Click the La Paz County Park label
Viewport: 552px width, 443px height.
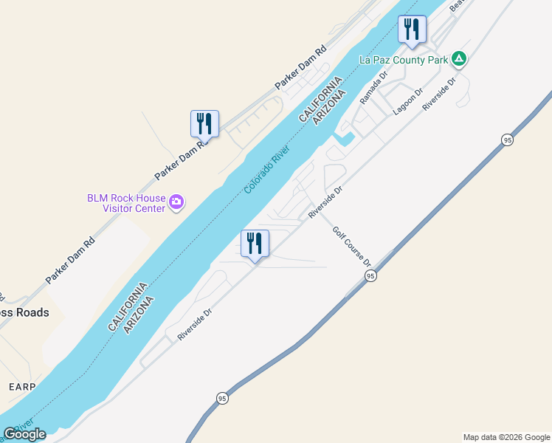point(403,59)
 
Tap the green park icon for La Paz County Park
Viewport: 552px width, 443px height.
point(459,58)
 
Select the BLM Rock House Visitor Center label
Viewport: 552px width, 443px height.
point(126,202)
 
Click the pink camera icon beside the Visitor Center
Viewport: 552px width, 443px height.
point(176,202)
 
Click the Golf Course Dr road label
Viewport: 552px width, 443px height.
point(351,247)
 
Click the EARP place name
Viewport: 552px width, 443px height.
point(22,386)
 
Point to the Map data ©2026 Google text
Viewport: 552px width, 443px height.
point(506,437)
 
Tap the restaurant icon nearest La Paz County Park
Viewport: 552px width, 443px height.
point(412,30)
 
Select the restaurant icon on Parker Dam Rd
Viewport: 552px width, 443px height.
point(204,123)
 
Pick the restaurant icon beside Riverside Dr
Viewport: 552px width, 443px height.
point(255,244)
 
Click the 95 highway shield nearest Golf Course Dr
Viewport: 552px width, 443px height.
point(370,275)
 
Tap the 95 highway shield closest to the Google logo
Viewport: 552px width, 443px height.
point(223,398)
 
